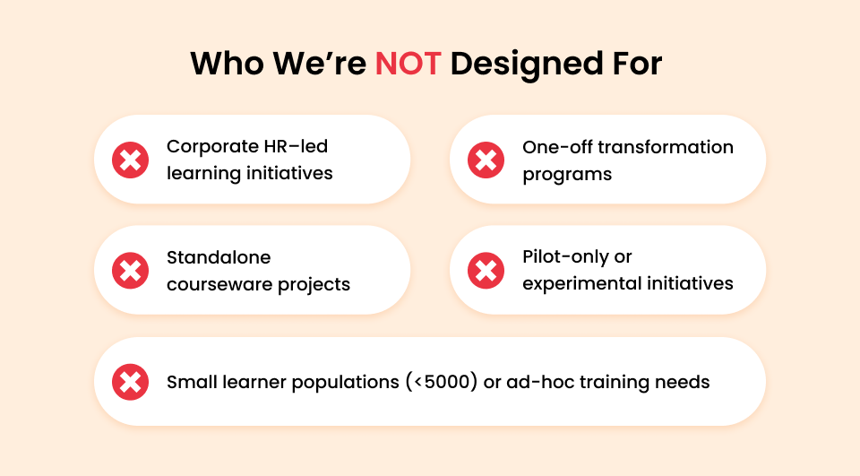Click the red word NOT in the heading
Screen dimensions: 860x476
pos(408,63)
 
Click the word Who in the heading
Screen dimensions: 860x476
pos(227,63)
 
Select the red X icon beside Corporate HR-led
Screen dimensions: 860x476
pos(130,160)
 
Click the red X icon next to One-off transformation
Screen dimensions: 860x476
pos(486,160)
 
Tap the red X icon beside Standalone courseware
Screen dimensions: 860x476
pos(130,271)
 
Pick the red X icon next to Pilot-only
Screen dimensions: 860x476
pos(486,271)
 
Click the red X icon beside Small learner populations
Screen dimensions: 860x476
pos(130,382)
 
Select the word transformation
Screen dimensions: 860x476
pos(666,147)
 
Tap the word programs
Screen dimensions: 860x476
pos(567,175)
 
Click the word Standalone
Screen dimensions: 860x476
pos(219,257)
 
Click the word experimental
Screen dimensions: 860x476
pos(582,284)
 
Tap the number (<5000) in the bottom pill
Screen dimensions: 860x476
pos(442,382)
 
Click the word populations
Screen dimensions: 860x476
pos(346,383)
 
